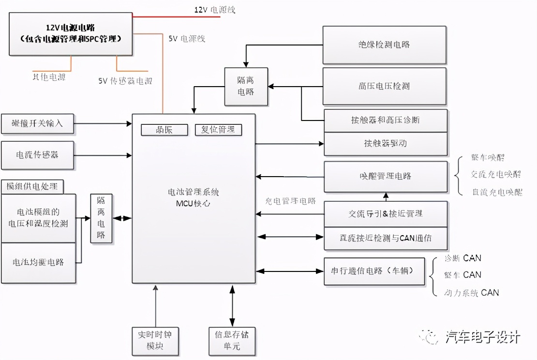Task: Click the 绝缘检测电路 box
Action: point(385,45)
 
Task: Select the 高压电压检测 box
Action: point(385,86)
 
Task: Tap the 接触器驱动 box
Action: point(385,144)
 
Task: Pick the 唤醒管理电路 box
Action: point(385,176)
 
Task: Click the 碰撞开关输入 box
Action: point(38,123)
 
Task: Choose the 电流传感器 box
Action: point(38,155)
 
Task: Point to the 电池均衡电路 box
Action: point(38,262)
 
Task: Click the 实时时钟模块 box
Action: point(155,340)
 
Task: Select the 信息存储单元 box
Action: point(232,340)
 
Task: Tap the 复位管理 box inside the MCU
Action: point(218,130)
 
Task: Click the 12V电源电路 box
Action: point(71,34)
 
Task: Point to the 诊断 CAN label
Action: point(462,258)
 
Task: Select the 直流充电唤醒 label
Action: point(496,192)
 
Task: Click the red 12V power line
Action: point(177,17)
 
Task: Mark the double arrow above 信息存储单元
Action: point(232,305)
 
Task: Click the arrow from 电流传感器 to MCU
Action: point(103,155)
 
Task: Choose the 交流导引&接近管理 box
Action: point(385,213)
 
